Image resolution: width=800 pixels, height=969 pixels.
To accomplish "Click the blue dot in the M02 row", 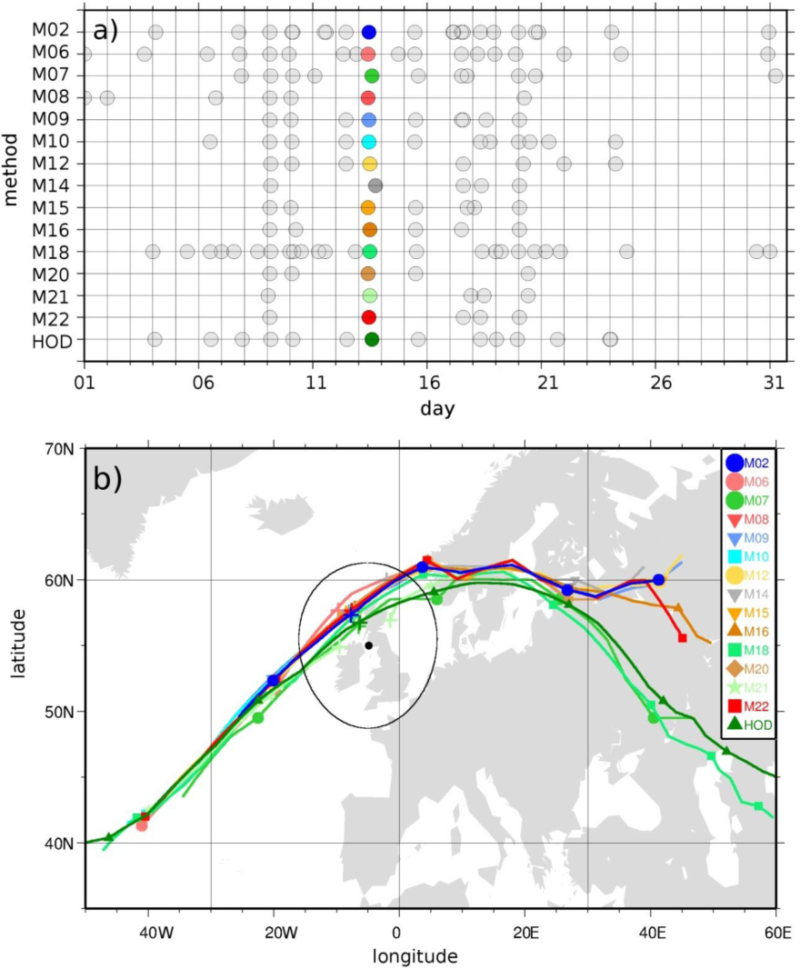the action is (x=369, y=32).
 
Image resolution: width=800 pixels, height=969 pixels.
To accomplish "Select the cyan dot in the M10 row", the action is (x=369, y=142).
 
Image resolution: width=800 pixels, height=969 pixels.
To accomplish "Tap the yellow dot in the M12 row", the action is (x=370, y=164).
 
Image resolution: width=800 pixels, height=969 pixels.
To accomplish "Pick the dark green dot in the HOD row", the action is (x=372, y=339).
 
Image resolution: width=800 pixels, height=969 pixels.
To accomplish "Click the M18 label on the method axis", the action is (x=51, y=252).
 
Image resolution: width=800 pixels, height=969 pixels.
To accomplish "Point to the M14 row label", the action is (x=51, y=185).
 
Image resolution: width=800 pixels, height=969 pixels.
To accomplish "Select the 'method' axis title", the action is (x=11, y=169).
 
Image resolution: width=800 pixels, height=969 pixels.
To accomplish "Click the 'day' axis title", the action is (x=437, y=408).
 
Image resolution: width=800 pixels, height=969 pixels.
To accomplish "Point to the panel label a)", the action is (x=105, y=31).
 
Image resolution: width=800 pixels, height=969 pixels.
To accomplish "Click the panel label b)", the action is (x=108, y=480).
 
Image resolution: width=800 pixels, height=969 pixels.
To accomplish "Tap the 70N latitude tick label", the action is (x=60, y=449).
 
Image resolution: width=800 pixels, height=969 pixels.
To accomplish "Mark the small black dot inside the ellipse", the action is (x=368, y=645).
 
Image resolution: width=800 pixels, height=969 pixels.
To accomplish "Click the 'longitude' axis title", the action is (x=415, y=956).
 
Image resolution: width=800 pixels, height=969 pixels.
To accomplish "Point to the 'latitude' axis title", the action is (x=17, y=643).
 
